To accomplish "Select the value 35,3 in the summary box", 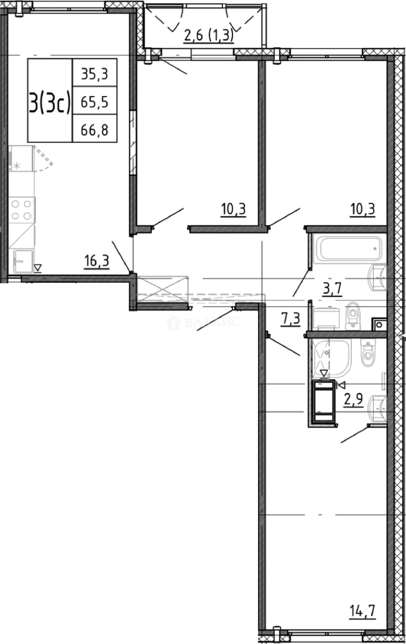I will click(x=95, y=74).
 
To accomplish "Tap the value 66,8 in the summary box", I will click(x=95, y=129).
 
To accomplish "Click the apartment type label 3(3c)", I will click(x=49, y=103).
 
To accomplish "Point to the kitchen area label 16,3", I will click(x=97, y=261).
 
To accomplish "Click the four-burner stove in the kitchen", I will click(x=21, y=210).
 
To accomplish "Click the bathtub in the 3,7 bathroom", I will click(x=348, y=249).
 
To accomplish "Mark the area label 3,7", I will click(x=333, y=290).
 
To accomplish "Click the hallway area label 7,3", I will click(x=290, y=318).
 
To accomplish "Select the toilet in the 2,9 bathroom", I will click(x=367, y=352).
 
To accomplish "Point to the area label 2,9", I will click(x=354, y=398).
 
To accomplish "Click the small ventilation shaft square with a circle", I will click(x=379, y=325).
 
